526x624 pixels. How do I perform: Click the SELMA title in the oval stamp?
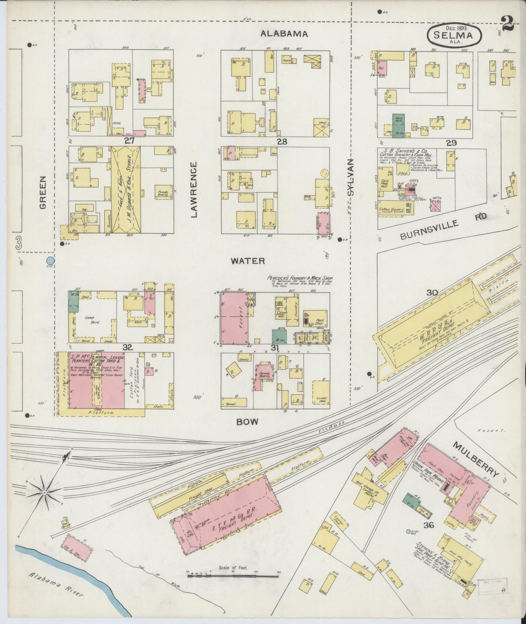[x=453, y=36]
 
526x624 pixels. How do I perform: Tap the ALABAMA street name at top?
[x=284, y=34]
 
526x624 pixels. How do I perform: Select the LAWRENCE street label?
[x=194, y=189]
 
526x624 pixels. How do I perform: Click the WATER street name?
[x=248, y=261]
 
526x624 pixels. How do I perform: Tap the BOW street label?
[x=247, y=422]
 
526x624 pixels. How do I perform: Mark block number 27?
[x=129, y=141]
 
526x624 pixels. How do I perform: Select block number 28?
[x=282, y=142]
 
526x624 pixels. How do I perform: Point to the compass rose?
[x=44, y=492]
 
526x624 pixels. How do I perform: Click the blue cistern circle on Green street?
[x=51, y=261]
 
